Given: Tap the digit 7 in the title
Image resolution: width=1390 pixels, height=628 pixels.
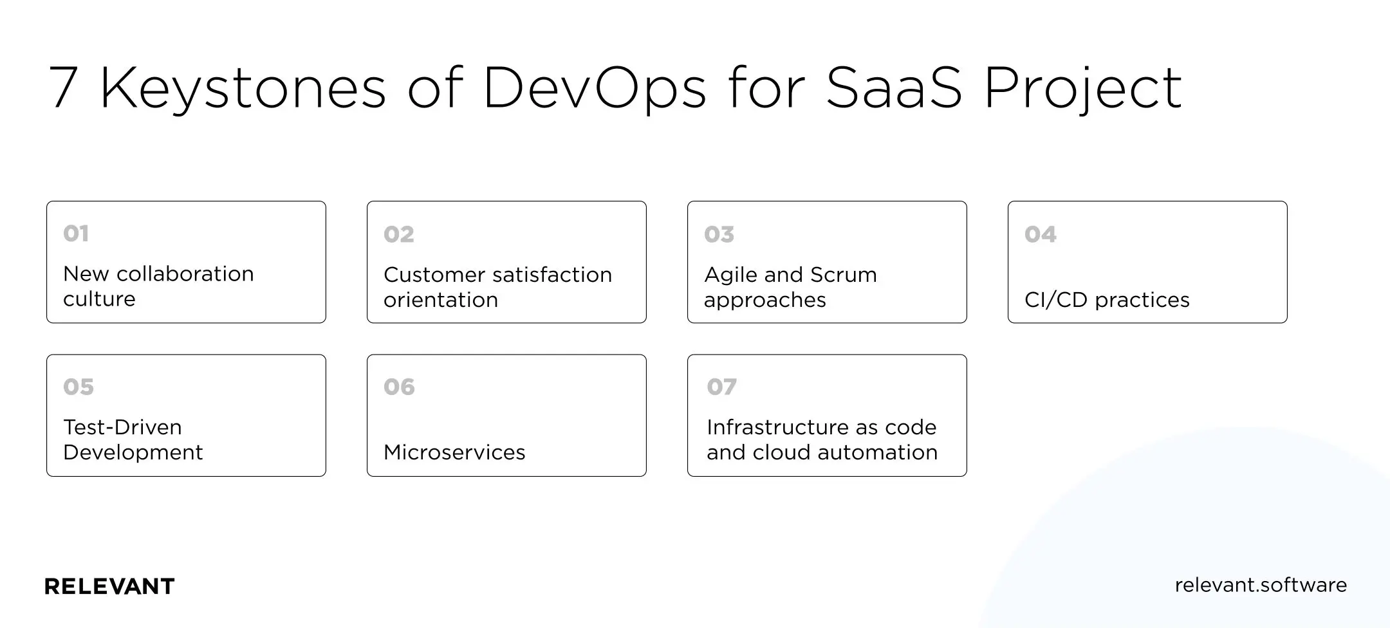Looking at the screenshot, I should click(x=63, y=88).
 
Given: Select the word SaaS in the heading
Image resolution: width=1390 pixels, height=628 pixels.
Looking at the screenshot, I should click(x=894, y=88).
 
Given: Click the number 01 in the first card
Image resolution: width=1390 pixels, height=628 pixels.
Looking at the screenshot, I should click(x=76, y=234).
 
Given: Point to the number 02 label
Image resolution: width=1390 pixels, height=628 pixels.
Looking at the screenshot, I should click(x=399, y=234).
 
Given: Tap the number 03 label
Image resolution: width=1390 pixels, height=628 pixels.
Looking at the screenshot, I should click(x=719, y=234).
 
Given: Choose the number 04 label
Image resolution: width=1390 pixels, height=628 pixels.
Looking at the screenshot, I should click(x=1040, y=234).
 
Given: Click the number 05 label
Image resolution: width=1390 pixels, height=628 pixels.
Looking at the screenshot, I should click(x=79, y=387).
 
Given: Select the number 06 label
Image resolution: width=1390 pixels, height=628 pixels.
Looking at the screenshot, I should click(x=399, y=387).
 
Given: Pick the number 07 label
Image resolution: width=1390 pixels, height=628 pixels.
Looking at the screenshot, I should click(x=721, y=387).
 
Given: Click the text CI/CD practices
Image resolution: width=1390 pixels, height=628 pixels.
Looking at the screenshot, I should click(x=1107, y=300).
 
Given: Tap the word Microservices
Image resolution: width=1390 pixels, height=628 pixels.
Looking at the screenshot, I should click(x=454, y=452).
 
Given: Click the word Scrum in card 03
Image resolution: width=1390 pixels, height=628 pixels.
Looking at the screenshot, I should click(x=843, y=275).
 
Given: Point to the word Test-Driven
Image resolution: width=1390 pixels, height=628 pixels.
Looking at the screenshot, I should click(x=122, y=427).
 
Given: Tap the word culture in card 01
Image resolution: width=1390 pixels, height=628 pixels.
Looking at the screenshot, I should click(x=99, y=299).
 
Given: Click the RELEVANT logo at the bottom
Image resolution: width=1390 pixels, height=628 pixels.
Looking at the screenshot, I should click(x=109, y=586).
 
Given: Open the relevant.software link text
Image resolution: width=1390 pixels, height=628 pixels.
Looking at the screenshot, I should click(x=1260, y=585).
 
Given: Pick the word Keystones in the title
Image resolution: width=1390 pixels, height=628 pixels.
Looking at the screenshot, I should click(x=243, y=88).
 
